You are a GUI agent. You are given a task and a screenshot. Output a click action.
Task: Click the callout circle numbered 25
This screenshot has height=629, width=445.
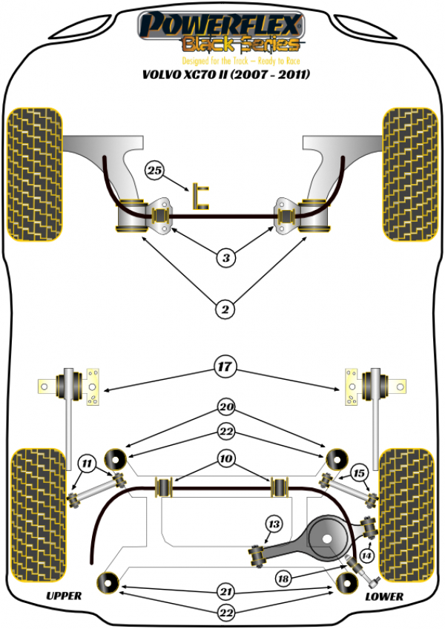(154, 171)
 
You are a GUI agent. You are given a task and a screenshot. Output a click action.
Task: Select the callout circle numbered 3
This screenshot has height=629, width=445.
(225, 258)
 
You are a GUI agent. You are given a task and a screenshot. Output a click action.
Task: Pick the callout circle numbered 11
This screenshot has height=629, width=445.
(88, 465)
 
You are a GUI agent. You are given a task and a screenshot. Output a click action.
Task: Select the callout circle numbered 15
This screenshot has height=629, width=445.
(359, 472)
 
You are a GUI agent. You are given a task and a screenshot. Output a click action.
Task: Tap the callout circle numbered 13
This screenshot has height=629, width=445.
(274, 525)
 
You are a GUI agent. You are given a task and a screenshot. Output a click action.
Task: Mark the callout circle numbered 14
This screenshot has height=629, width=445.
(366, 554)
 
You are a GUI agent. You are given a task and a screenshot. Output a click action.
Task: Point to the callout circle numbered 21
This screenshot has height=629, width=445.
(225, 592)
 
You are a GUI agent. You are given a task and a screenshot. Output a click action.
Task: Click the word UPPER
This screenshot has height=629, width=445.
(64, 596)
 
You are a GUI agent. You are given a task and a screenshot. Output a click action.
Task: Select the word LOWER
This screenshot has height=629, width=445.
(385, 596)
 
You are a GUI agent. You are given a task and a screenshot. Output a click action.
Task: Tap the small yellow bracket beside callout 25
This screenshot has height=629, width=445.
(200, 196)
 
